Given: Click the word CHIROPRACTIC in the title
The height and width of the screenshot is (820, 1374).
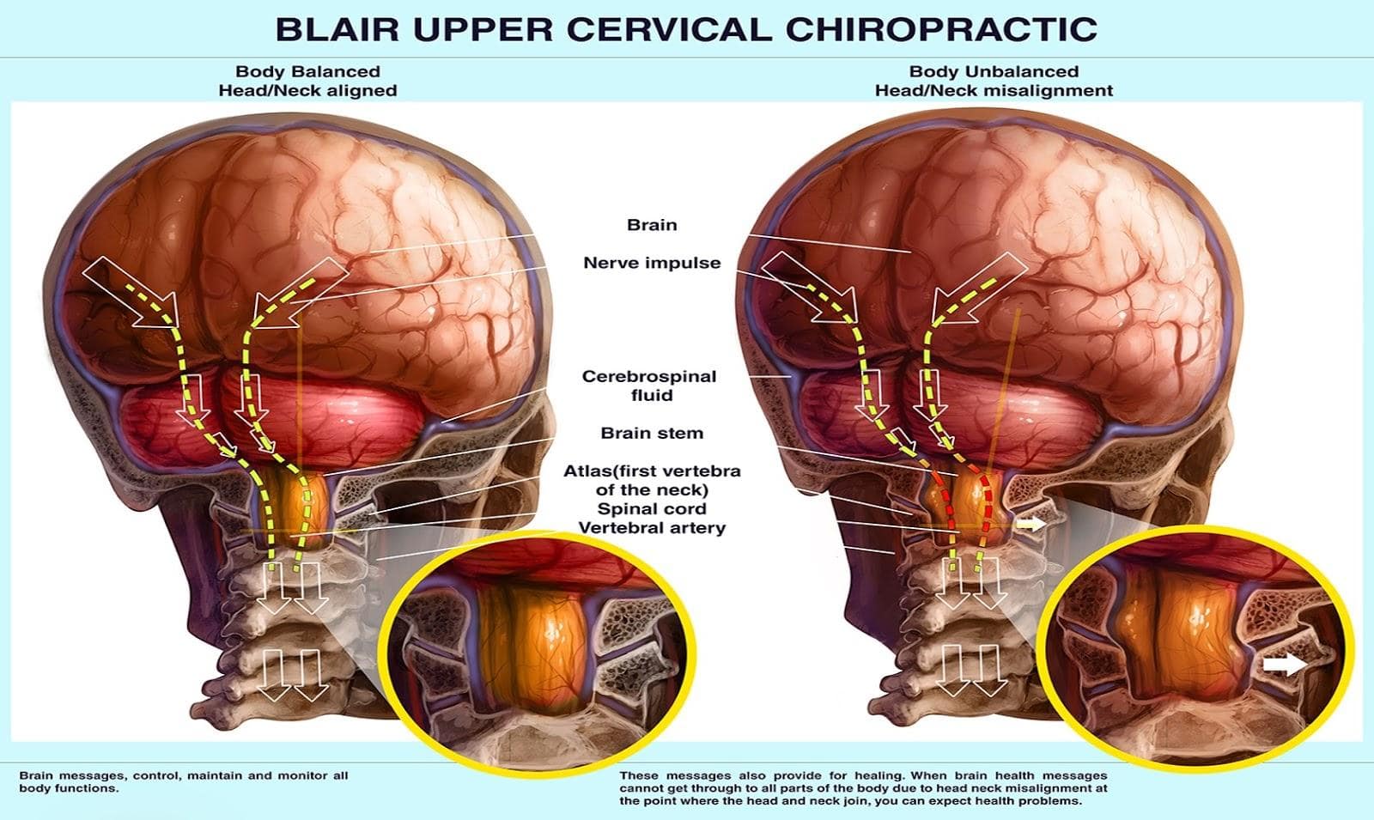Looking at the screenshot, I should pos(941,28).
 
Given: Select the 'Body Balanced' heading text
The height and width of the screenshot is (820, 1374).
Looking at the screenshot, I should pos(307,71).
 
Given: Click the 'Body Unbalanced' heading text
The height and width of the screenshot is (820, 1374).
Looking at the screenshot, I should pos(994,71).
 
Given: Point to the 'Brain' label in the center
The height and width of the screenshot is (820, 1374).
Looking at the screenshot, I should pos(652,225).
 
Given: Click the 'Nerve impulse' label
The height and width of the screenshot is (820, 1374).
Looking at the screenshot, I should pos(652,263).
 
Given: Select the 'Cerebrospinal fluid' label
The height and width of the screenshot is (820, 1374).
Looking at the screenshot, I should pos(649,386).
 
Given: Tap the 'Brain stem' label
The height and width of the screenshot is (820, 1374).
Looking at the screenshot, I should pos(652,434).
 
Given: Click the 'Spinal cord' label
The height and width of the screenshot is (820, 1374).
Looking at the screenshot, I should pos(652,509).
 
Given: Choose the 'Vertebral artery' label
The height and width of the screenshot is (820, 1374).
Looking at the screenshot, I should pos(652,528).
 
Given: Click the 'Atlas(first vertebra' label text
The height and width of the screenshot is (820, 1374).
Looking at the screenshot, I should pos(652,471).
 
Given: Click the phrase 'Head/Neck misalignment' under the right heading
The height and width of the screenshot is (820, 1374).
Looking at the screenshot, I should pos(994,90).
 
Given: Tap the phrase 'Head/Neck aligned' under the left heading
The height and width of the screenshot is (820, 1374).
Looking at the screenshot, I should pos(307,90).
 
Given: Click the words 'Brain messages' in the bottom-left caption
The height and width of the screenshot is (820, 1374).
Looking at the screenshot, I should pos(61,775).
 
